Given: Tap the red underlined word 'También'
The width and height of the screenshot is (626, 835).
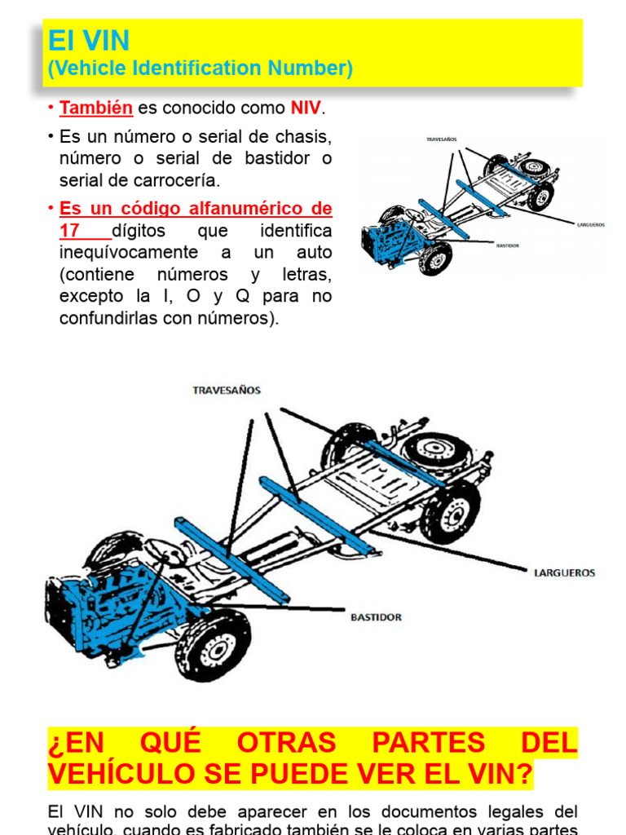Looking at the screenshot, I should coord(96,108).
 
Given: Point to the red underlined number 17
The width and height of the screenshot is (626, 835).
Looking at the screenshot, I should coord(69,232).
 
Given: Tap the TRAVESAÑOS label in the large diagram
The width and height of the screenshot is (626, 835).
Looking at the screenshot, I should coord(227,391).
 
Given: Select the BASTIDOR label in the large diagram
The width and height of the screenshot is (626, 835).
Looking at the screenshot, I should coord(376,617).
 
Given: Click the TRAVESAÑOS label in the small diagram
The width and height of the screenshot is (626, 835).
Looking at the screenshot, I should coord(442,139).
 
